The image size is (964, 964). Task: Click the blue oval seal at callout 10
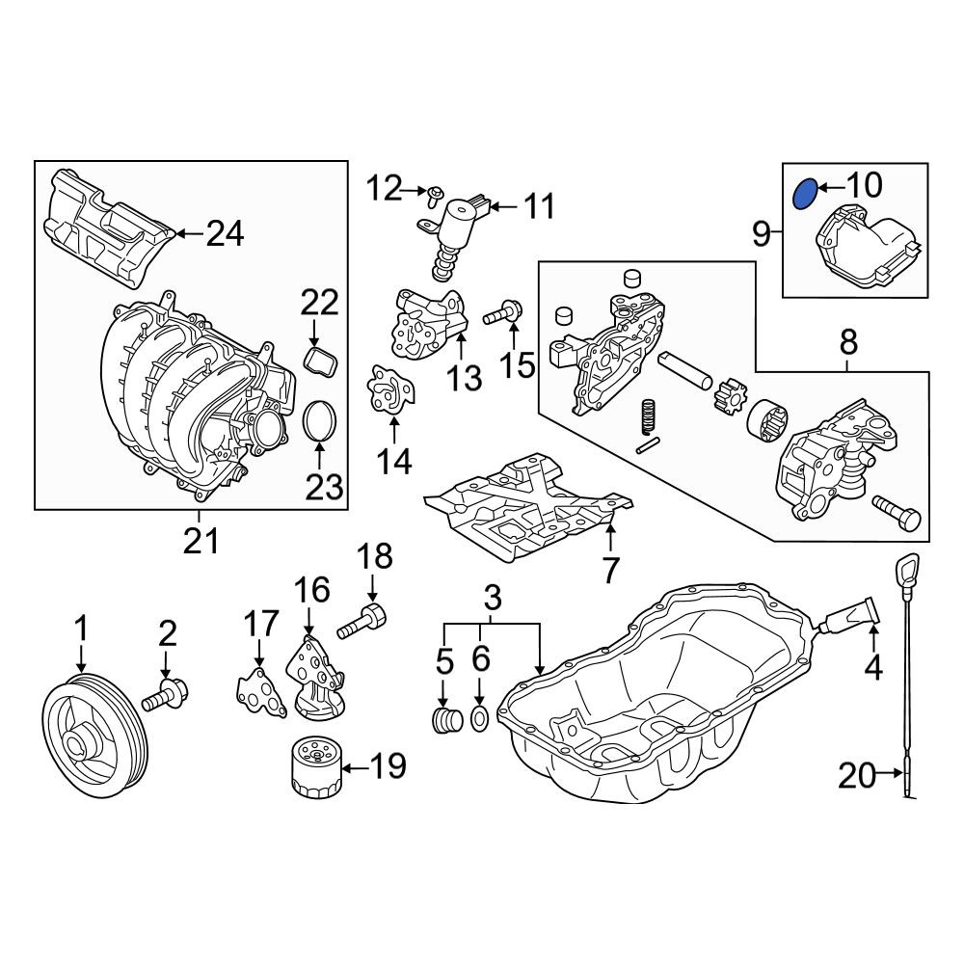[x=805, y=194]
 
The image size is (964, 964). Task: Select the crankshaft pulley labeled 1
[x=95, y=726]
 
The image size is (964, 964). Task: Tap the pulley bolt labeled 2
[x=165, y=695]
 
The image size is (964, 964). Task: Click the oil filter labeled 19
[x=315, y=768]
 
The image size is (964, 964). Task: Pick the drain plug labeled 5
[x=449, y=719]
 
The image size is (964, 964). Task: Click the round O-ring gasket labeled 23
[x=320, y=421]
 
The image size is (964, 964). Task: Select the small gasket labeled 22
[x=321, y=361]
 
